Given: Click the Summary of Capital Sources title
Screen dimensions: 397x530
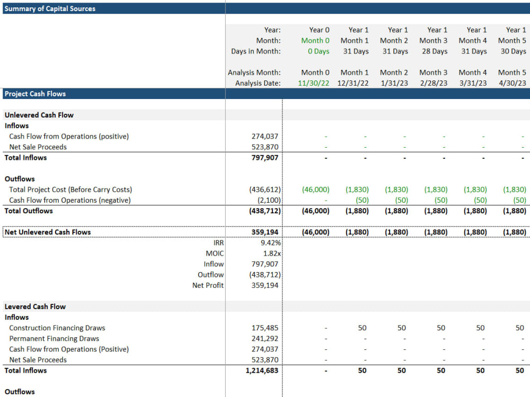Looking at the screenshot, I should point(50,8).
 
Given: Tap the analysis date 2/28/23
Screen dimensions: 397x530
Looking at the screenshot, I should point(433,83).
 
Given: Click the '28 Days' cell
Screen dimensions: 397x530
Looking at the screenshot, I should point(433,51).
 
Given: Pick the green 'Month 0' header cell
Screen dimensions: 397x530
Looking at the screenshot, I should point(315,41).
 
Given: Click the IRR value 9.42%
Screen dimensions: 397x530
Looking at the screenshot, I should point(267,243).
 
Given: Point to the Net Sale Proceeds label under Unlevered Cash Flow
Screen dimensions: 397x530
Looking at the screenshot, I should point(38,147).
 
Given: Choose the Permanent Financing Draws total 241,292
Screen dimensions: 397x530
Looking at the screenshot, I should point(264,339).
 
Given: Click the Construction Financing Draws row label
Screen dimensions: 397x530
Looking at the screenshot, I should point(57,328).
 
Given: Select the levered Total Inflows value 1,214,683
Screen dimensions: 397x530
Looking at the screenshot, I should point(262,371).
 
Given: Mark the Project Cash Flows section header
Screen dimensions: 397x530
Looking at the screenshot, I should point(35,94).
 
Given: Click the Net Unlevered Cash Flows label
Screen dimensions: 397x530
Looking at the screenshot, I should point(48,232).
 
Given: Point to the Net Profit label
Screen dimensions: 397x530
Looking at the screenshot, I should point(208,285).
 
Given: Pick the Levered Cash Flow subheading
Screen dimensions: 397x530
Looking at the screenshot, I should point(35,306).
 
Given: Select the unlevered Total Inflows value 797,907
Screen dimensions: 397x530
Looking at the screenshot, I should point(264,158).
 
